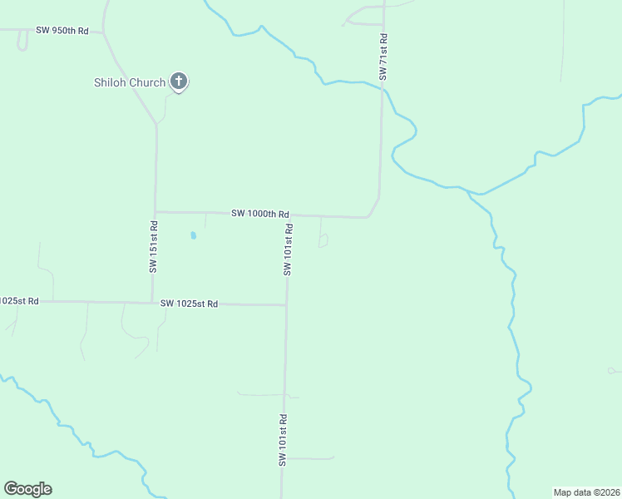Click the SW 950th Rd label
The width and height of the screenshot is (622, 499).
click(x=62, y=31)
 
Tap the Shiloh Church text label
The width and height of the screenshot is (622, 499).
click(x=129, y=82)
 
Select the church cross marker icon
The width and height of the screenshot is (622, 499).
click(x=178, y=81)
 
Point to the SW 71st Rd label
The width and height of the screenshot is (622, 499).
click(x=383, y=57)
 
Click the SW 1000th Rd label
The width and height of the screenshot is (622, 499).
click(x=260, y=214)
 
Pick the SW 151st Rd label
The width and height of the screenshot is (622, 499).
click(x=154, y=247)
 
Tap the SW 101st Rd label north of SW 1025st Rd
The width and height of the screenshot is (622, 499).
click(x=288, y=249)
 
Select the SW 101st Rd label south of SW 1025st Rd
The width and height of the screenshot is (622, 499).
click(x=283, y=440)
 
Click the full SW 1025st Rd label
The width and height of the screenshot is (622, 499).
click(x=189, y=304)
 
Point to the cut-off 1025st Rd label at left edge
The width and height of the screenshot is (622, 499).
click(x=19, y=301)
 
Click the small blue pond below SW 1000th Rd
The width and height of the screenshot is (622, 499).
click(x=193, y=235)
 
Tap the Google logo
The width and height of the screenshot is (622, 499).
click(x=27, y=489)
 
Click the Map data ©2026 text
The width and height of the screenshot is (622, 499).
click(x=587, y=492)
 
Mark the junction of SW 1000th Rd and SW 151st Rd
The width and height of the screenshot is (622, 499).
click(x=155, y=211)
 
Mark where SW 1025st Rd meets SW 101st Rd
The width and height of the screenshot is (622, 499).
click(x=287, y=305)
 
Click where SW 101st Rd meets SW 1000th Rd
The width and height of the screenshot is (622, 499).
click(x=289, y=215)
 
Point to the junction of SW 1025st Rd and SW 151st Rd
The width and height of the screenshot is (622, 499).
click(x=152, y=303)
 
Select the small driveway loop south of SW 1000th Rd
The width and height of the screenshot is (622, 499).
click(x=323, y=241)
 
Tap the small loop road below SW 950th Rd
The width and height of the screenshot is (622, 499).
click(x=22, y=43)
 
